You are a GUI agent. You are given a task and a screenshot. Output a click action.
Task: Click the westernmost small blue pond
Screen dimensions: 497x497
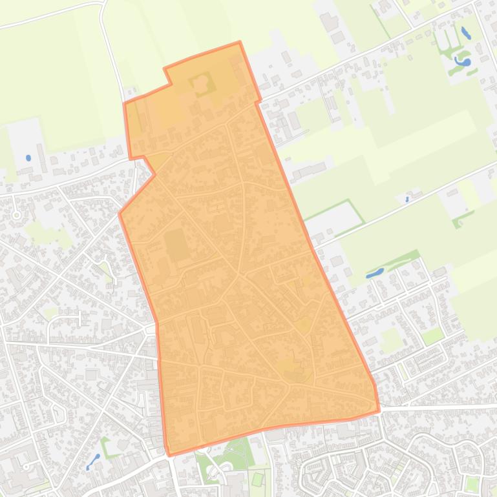click(28, 157)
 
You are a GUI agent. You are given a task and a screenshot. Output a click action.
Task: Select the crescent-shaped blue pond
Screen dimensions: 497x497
click(463, 62)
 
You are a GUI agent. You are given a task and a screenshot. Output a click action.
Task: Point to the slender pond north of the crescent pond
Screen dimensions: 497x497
click(466, 33)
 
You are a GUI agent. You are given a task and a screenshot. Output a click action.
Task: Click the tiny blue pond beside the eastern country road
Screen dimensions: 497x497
click(407, 199)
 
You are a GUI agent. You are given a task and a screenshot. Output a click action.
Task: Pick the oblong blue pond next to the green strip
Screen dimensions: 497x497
click(375, 273)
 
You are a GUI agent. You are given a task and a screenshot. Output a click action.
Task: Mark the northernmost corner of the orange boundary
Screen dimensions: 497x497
click(239, 43)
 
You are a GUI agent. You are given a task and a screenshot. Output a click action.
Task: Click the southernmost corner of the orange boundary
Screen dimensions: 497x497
click(170, 455)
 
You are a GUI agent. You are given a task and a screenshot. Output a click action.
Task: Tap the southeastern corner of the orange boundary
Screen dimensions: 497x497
click(379, 409)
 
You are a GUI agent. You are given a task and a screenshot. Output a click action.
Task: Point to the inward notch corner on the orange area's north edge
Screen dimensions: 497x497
click(171, 83)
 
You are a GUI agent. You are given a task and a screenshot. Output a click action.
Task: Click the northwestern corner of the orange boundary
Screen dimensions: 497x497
click(125, 103)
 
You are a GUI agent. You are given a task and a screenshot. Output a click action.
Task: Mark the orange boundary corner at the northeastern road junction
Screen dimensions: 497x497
click(260, 101)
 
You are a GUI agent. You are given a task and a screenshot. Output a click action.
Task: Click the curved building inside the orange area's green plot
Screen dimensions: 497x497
click(201, 83)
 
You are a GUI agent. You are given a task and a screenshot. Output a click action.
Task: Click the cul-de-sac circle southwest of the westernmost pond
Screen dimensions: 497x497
click(16, 214)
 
